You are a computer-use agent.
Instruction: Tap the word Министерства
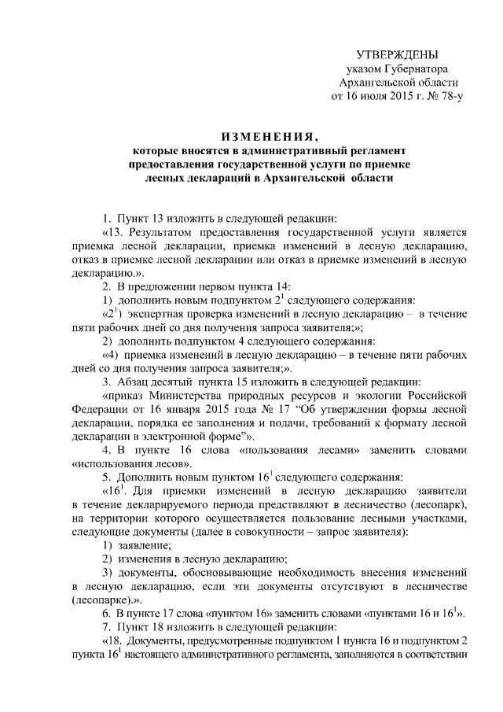coord(205,397)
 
